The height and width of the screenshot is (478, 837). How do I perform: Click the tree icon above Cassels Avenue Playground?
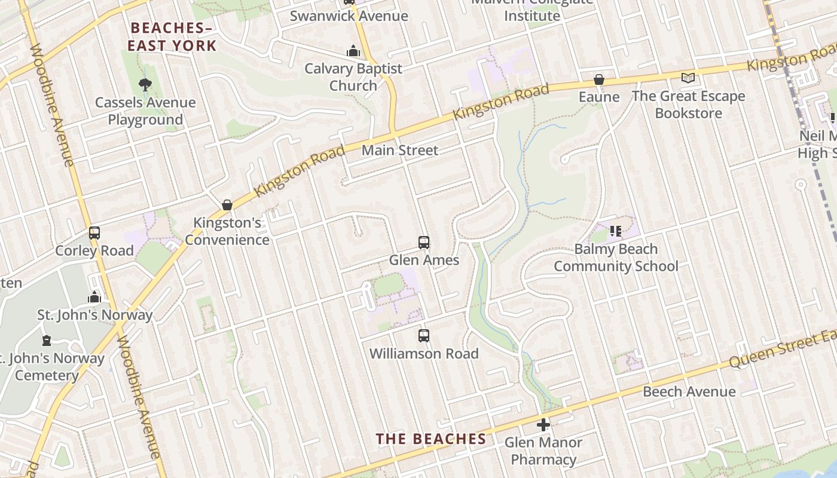145,85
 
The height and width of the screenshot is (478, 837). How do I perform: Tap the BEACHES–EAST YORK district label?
172,36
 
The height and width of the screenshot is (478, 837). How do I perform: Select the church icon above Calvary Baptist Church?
353,51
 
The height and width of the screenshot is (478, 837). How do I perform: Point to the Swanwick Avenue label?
349,16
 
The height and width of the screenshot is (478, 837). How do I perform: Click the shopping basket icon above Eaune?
598,79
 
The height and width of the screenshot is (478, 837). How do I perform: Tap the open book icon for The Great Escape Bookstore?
688,78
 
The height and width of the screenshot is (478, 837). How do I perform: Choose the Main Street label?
400,151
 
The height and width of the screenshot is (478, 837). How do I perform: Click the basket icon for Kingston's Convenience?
227,205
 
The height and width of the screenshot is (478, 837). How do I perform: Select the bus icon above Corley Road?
94,233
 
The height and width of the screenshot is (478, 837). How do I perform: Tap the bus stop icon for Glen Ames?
424,243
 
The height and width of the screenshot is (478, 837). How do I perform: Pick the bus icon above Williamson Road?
424,336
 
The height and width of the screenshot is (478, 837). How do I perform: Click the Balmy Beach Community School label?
616,258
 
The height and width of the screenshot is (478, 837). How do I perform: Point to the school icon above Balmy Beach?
616,231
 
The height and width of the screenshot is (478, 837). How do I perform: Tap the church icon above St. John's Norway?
94,297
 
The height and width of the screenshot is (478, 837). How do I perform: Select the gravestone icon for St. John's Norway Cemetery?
47,341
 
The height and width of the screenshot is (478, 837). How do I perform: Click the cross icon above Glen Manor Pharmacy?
543,425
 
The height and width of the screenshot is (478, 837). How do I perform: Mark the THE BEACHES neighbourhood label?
430,439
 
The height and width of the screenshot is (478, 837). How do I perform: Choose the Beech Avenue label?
689,391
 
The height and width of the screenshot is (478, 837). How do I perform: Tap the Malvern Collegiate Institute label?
532,8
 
